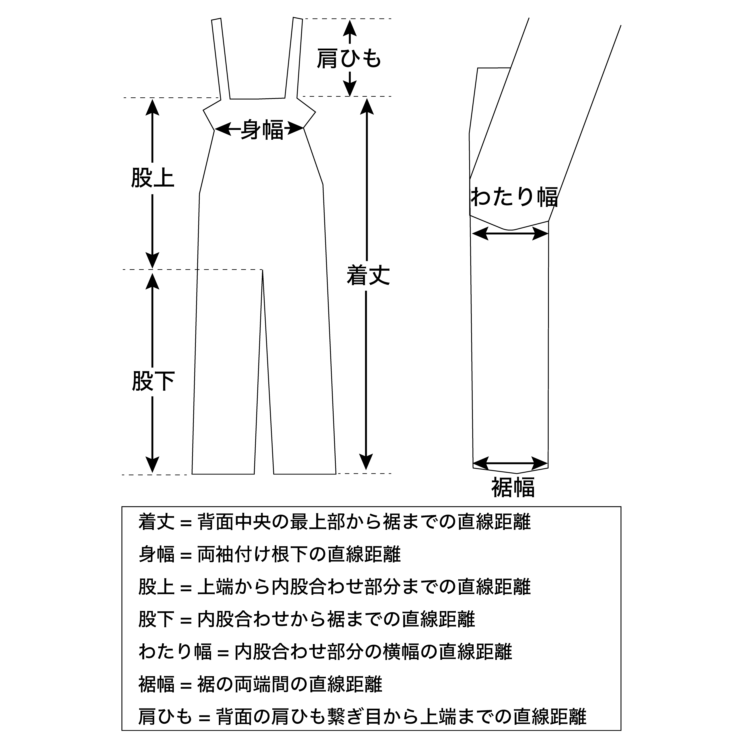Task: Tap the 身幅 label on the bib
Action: pyautogui.click(x=262, y=130)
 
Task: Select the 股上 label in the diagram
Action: pyautogui.click(x=153, y=178)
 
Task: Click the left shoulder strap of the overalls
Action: pyautogui.click(x=221, y=58)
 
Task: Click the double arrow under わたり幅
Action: pyautogui.click(x=510, y=233)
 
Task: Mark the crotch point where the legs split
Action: pyautogui.click(x=263, y=270)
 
